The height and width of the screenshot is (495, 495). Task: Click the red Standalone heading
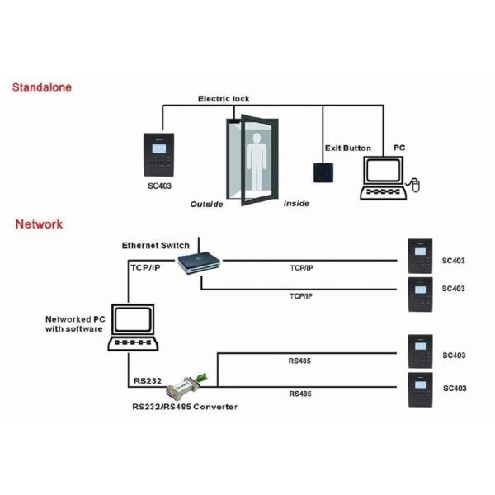point(42,87)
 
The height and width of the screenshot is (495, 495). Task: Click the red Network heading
point(39,224)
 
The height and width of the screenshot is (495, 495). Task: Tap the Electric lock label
point(223,99)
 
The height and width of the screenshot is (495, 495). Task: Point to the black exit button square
point(323,172)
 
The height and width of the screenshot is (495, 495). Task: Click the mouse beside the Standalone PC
point(416,185)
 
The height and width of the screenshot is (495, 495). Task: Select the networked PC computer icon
point(135,328)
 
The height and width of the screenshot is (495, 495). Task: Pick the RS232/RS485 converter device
point(186,385)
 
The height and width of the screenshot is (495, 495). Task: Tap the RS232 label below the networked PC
point(148,382)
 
